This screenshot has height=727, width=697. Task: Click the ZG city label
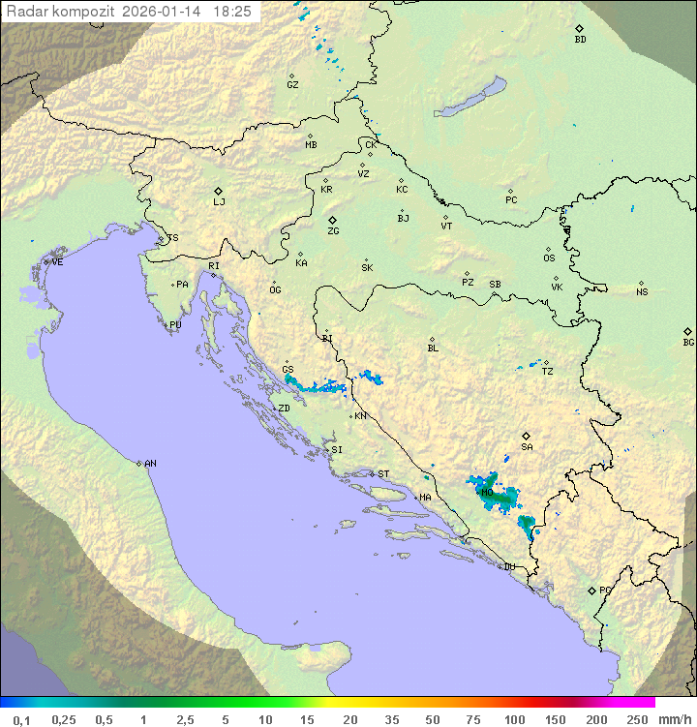pyautogui.click(x=333, y=231)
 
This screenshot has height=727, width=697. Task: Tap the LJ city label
pyautogui.click(x=219, y=202)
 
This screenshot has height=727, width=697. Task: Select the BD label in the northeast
pyautogui.click(x=580, y=40)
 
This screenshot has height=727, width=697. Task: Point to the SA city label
pyautogui.click(x=527, y=447)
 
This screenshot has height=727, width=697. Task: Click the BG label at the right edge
pyautogui.click(x=688, y=342)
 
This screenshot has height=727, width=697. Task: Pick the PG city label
pyautogui.click(x=605, y=590)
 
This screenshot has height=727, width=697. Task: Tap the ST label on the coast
pyautogui.click(x=383, y=474)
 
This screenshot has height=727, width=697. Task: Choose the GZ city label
pyautogui.click(x=292, y=85)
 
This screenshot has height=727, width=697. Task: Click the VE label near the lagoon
pyautogui.click(x=57, y=262)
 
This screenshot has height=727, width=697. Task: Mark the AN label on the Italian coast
pyautogui.click(x=150, y=464)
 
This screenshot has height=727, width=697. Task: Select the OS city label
pyautogui.click(x=549, y=258)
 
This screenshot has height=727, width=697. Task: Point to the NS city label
pyautogui.click(x=642, y=292)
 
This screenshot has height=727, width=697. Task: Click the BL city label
pyautogui.click(x=433, y=348)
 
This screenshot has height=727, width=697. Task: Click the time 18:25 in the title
pyautogui.click(x=232, y=12)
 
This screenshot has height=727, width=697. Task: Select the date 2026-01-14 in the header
pyautogui.click(x=166, y=12)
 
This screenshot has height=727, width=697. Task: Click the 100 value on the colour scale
pyautogui.click(x=515, y=719)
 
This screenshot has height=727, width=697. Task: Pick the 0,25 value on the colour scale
pyautogui.click(x=64, y=719)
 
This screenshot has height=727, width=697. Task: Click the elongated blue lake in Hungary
pyautogui.click(x=470, y=99)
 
